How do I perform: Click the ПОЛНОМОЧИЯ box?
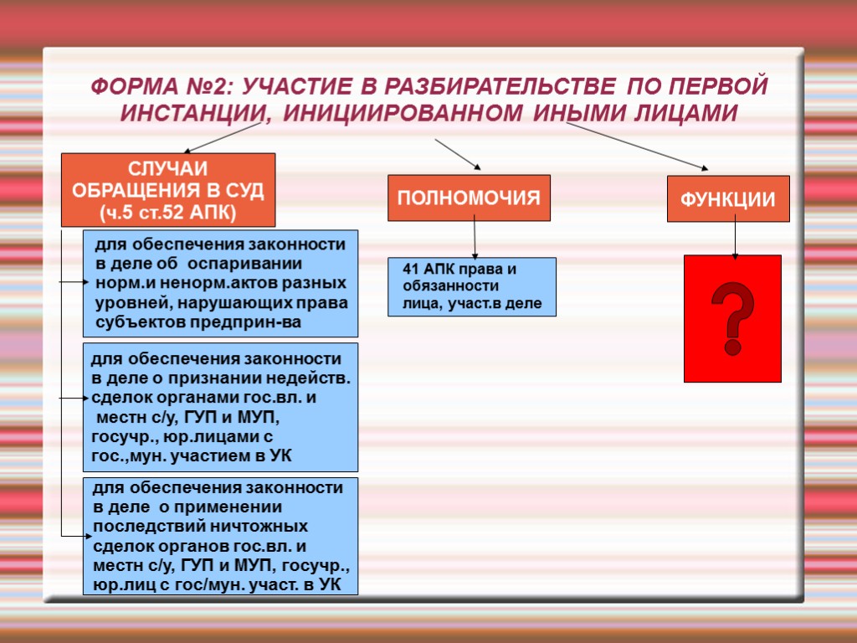(469, 198)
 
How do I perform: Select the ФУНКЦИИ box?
(728, 199)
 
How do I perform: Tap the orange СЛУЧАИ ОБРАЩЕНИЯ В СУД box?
(168, 190)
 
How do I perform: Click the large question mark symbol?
(732, 319)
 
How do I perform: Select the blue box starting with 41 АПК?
(472, 286)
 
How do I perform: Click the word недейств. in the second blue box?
(310, 378)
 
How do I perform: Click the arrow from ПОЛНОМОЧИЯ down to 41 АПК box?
(475, 239)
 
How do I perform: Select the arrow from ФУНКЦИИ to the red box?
(735, 239)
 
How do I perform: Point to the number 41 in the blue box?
(411, 270)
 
